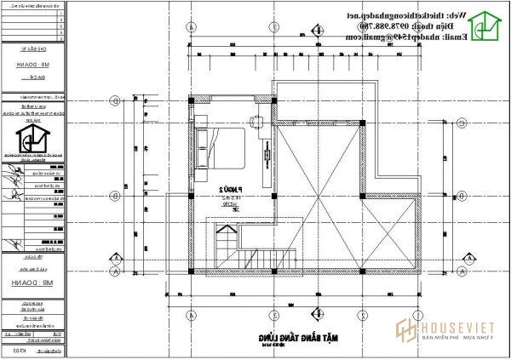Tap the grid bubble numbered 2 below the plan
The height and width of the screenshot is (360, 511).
(364, 313)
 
